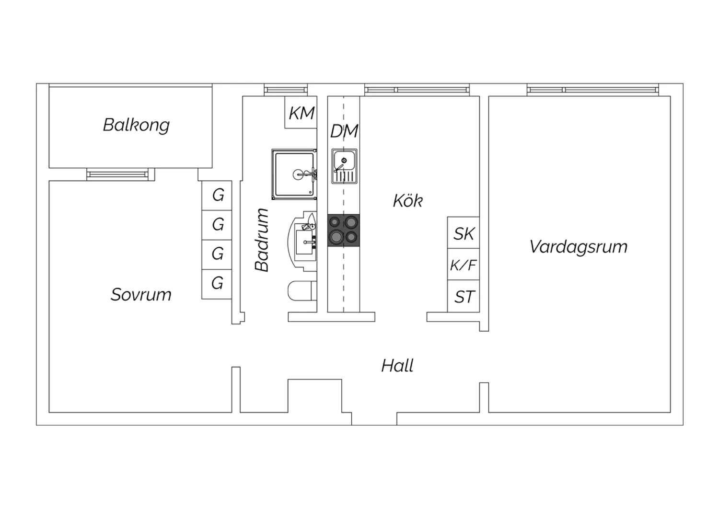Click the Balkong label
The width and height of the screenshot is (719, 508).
click(x=136, y=125)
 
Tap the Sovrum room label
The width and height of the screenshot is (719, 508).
click(x=141, y=295)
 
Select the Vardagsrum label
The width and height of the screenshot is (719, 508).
click(x=579, y=247)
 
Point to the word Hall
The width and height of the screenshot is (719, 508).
click(x=397, y=366)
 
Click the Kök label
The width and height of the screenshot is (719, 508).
click(x=408, y=201)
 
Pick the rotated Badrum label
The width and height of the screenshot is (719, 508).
click(x=262, y=240)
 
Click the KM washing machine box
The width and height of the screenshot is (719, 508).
click(x=301, y=112)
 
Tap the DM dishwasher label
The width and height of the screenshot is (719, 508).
click(x=344, y=131)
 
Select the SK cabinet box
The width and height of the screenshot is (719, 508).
click(x=464, y=232)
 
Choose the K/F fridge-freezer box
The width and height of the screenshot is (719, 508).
click(x=464, y=264)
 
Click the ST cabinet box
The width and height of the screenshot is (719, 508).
click(x=464, y=296)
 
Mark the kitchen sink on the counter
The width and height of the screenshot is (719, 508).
click(x=344, y=166)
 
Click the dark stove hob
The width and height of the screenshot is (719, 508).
click(x=344, y=231)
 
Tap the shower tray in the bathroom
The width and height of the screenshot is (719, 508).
click(x=294, y=174)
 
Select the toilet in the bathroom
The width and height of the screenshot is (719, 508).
click(x=302, y=291)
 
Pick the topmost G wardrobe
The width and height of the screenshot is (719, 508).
click(x=217, y=196)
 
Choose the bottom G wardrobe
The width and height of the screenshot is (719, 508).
click(x=217, y=284)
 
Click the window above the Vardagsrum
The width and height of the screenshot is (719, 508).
click(x=592, y=90)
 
